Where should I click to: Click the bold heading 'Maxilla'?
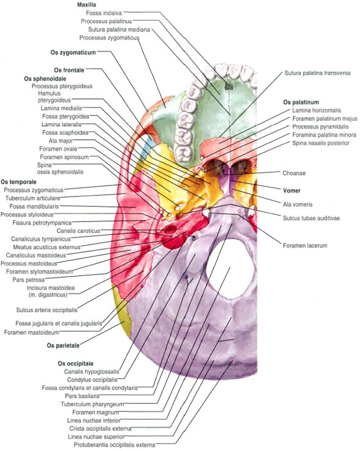[87, 5]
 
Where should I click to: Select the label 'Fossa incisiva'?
[104, 13]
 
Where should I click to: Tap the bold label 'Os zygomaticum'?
[73, 52]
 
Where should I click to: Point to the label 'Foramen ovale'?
[59, 149]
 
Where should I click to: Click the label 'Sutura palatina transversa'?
[317, 73]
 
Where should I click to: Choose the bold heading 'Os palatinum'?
[301, 102]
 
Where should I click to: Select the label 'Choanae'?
[294, 173]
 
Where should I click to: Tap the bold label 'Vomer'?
[292, 190]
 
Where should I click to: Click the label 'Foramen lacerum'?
[305, 245]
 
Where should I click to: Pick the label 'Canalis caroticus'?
[78, 231]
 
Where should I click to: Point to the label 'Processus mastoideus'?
[29, 264]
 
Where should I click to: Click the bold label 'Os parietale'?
[63, 345]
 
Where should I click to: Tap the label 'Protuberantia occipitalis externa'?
[115, 445]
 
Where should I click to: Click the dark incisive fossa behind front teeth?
[229, 86]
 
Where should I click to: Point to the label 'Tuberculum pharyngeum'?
[92, 404]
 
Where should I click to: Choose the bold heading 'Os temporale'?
[19, 182]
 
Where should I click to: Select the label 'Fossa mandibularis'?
[34, 206]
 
